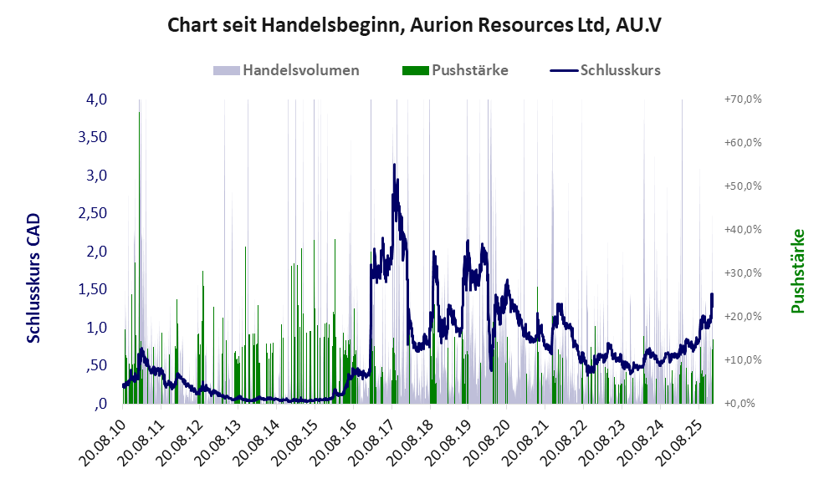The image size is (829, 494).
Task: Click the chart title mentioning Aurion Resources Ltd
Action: pos(415,25)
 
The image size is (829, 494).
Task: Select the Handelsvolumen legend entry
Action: pos(300,70)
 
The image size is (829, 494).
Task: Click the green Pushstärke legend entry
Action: pos(469,70)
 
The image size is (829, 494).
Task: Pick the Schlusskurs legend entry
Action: pos(620,70)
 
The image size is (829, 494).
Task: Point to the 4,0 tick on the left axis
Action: pos(96,99)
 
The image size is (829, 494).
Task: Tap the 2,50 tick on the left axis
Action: pos(92,213)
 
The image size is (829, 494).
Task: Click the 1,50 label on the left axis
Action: pos(92,289)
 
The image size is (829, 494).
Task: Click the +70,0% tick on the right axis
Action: pos(741,99)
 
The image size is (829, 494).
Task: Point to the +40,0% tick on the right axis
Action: pos(741,230)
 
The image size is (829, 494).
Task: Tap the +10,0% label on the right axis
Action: pos(741,360)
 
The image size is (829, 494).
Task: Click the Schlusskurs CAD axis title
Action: pos(34,278)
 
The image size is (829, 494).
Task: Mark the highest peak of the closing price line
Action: pos(394,166)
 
